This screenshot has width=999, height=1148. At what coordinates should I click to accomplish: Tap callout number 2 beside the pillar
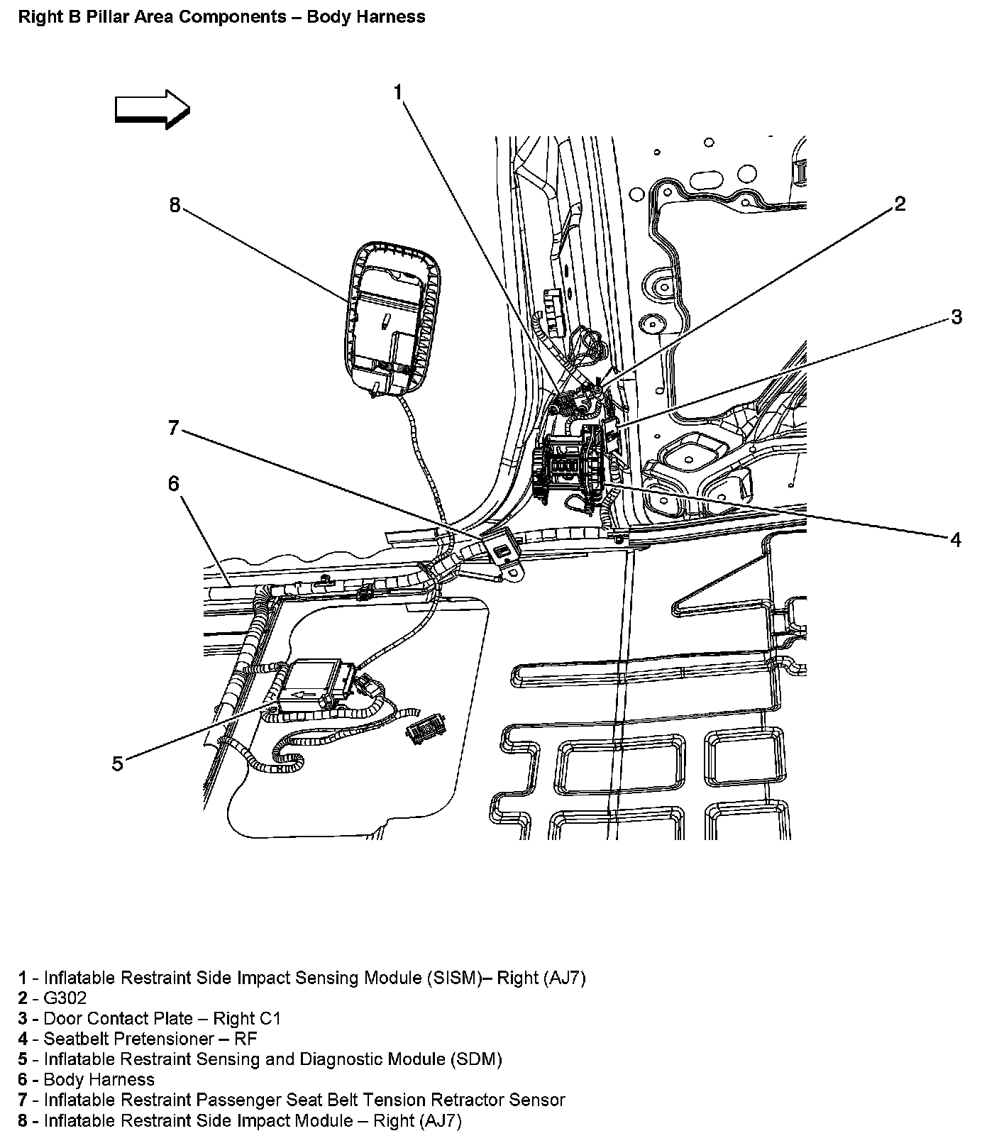coord(900,204)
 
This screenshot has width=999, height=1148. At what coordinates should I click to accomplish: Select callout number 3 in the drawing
coord(956,316)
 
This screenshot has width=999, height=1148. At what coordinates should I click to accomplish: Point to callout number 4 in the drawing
coord(956,540)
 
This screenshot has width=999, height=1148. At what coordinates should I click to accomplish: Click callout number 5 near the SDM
coord(118,764)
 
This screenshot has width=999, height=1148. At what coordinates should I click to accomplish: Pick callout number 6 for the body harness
coord(174,484)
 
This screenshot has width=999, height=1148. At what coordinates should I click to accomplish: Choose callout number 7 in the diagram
coord(174,429)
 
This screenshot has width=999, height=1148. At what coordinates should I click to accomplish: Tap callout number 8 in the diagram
coord(175,205)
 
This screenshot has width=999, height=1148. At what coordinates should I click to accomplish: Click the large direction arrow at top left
coord(153,109)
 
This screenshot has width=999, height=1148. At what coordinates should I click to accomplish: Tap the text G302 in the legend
coord(65,998)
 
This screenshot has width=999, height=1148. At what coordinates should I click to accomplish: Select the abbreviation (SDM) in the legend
coord(476,1059)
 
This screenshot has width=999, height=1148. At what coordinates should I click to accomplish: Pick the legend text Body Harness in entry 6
coord(99,1080)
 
